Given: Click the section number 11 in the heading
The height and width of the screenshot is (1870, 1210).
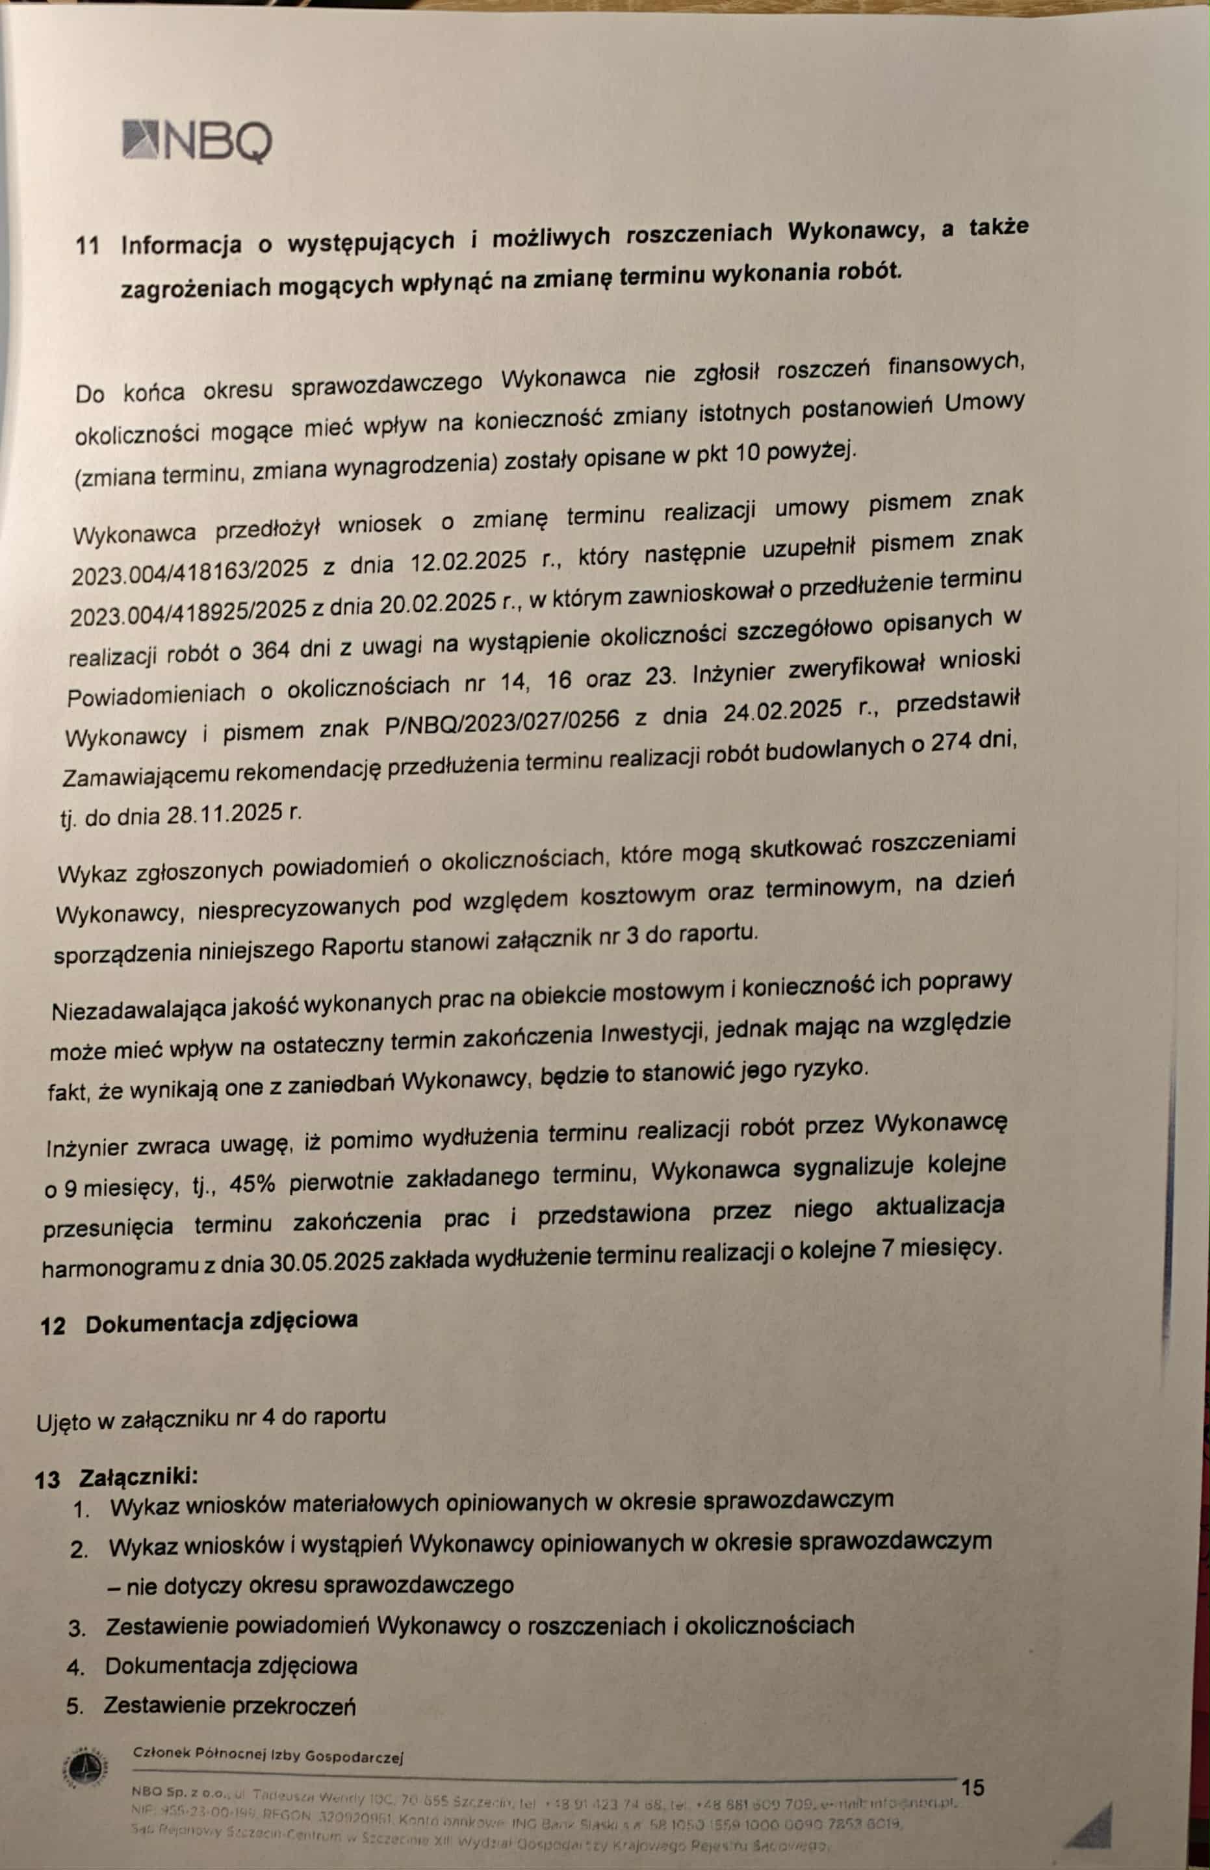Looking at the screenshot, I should click(x=87, y=246).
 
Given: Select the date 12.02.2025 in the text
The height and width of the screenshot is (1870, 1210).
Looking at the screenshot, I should click(x=469, y=561).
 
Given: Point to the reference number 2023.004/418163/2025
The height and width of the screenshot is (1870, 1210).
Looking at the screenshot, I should click(x=189, y=571).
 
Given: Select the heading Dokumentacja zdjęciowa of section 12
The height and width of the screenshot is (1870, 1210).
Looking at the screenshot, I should click(x=222, y=1322).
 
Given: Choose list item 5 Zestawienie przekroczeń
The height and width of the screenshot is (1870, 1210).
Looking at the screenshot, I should click(x=229, y=1705).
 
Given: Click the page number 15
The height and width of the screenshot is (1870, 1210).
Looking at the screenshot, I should click(x=972, y=1788).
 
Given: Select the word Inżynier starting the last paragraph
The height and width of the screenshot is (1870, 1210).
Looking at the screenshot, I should click(x=86, y=1148).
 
